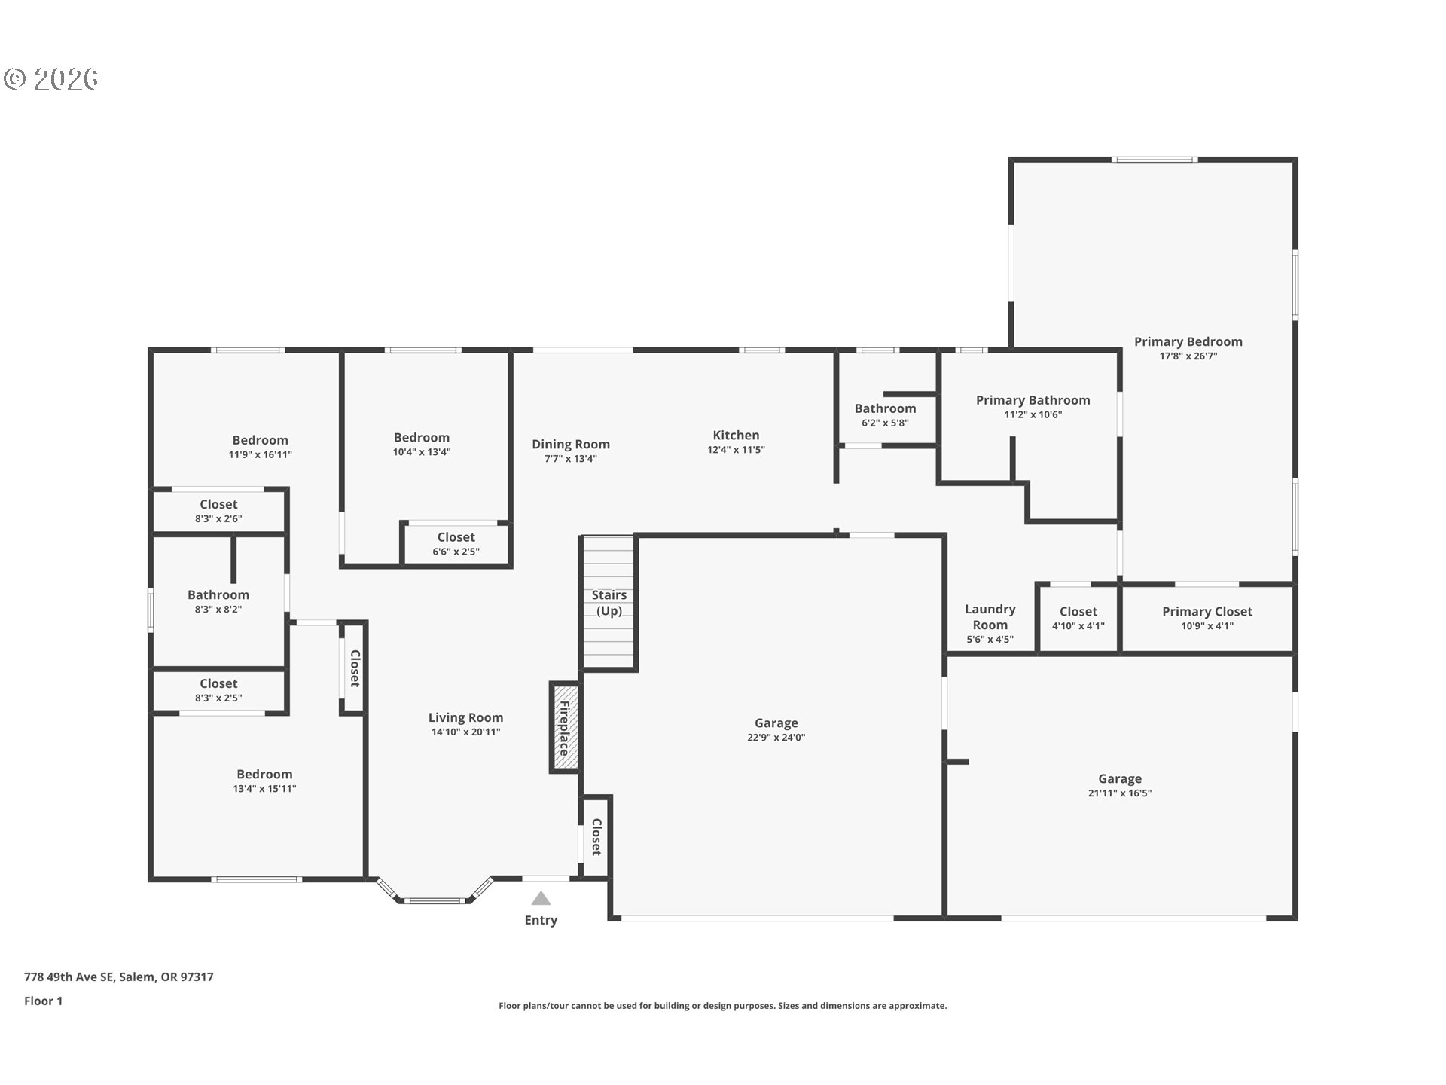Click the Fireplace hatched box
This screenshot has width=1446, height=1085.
(564, 727)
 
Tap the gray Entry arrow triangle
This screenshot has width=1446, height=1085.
(541, 898)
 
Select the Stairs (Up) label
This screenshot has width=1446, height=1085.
(609, 603)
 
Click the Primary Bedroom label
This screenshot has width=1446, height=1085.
(1188, 341)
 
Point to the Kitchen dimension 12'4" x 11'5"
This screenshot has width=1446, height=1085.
(736, 450)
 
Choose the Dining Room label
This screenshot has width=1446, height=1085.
(571, 444)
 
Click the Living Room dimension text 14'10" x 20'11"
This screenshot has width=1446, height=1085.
(465, 732)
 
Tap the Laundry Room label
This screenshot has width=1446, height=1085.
(990, 617)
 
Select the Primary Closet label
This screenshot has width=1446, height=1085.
(1207, 612)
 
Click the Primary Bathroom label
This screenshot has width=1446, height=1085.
(1033, 400)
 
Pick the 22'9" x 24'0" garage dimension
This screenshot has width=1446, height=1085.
(776, 738)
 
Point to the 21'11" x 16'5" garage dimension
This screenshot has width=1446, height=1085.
(1120, 793)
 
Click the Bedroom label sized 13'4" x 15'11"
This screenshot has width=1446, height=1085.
(264, 774)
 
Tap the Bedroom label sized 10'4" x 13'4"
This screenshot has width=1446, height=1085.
(422, 437)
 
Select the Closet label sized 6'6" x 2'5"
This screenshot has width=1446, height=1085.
(456, 537)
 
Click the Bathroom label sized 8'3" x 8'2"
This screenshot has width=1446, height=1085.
(218, 594)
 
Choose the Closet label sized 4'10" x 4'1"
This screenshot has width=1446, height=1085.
(1078, 612)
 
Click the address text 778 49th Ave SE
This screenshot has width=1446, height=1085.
(69, 977)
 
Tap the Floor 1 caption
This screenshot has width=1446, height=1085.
(43, 1001)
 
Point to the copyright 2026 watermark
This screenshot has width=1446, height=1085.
(51, 79)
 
